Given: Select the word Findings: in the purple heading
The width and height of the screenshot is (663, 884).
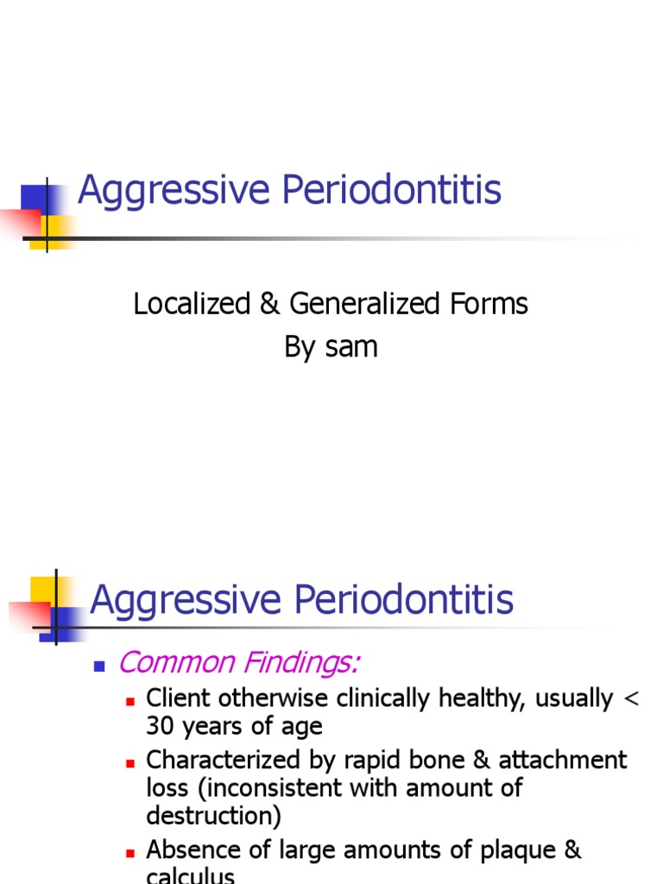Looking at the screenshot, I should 299,663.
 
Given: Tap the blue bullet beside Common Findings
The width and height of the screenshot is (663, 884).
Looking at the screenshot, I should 98,666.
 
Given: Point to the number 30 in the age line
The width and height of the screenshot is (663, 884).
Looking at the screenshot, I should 161,726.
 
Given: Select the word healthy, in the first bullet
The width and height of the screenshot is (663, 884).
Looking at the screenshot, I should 482,698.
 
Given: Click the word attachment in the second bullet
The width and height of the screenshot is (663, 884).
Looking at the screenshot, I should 563,761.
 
